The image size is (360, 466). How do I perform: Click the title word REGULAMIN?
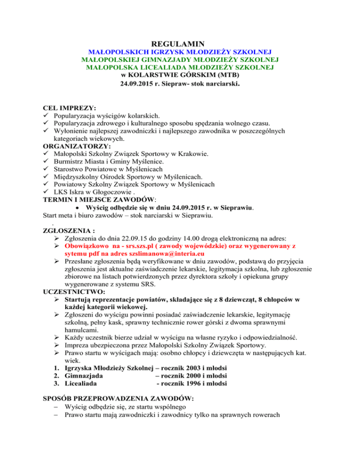(x=180, y=44)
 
